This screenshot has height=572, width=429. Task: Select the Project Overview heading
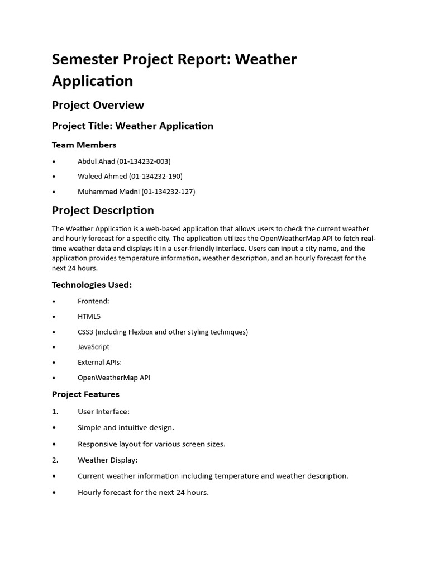click(98, 105)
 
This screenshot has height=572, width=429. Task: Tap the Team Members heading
click(84, 145)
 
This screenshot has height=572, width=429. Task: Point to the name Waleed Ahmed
click(102, 177)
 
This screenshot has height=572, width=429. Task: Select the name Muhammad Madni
click(108, 192)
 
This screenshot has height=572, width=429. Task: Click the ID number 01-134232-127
click(168, 192)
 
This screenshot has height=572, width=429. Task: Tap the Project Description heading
click(103, 211)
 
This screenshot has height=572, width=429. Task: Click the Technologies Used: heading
click(92, 285)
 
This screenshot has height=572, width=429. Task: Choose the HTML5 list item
click(89, 317)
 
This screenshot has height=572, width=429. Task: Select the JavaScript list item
click(93, 347)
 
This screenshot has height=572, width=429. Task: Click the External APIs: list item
click(99, 362)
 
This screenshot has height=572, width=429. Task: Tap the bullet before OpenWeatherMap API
click(54, 378)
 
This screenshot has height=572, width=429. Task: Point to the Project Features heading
click(85, 394)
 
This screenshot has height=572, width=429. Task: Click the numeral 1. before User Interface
click(55, 412)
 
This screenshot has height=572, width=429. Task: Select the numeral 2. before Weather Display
click(55, 460)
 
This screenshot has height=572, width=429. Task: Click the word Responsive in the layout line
click(98, 444)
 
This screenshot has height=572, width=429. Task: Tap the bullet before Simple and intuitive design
click(54, 428)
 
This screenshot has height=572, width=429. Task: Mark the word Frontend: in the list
click(93, 301)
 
